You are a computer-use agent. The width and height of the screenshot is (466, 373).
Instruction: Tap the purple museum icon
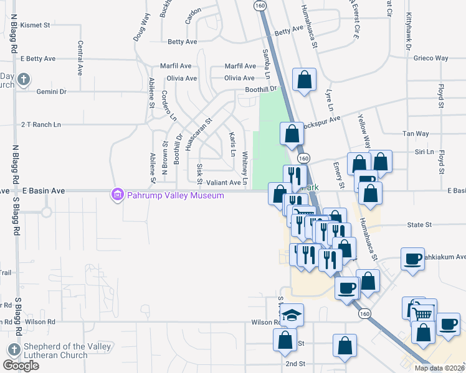(x=117, y=195)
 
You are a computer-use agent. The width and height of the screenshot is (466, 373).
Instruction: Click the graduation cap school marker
(x=291, y=315)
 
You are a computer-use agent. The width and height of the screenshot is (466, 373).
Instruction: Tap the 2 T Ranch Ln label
(x=41, y=124)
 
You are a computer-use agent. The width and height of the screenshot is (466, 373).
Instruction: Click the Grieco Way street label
(x=430, y=58)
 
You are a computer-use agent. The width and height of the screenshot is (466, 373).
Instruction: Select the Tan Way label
(x=416, y=134)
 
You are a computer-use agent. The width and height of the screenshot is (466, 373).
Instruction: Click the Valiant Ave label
(x=223, y=183)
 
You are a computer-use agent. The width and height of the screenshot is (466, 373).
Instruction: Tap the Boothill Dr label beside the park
(x=260, y=88)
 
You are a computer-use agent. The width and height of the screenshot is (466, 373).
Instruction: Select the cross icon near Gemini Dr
(x=23, y=79)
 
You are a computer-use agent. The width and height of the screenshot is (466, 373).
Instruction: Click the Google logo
(x=21, y=366)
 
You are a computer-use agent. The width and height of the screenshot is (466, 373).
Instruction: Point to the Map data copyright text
(x=439, y=368)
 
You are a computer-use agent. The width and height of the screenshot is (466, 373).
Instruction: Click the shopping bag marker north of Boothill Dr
(x=303, y=80)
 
